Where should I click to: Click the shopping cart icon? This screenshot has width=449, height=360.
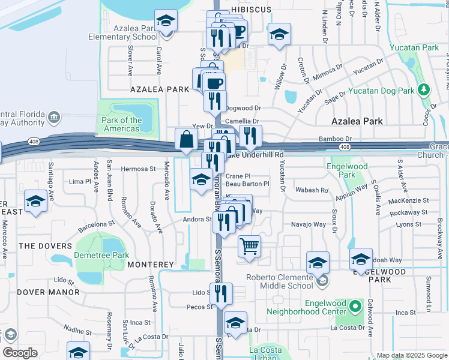point(249,245)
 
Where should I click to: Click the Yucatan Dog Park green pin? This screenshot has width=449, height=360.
point(424,89)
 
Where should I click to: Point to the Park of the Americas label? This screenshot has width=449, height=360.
point(122,124)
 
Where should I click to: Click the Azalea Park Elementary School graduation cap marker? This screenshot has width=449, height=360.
point(166,21)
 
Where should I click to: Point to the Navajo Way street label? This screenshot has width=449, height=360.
point(310,224)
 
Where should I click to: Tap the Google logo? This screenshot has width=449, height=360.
point(20,353)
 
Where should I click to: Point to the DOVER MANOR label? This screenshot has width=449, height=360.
point(48,292)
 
